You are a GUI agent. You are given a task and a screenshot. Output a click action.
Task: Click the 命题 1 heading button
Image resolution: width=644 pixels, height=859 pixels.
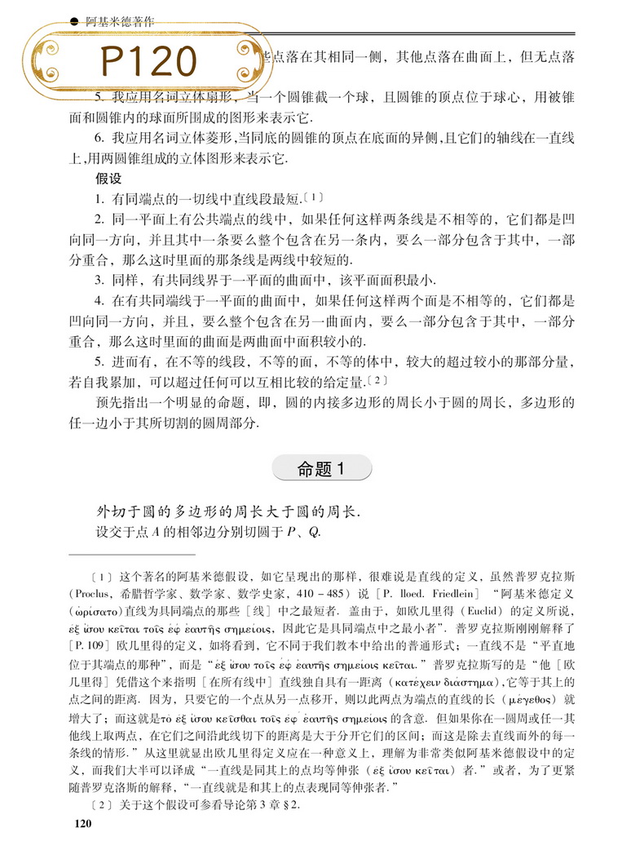323,468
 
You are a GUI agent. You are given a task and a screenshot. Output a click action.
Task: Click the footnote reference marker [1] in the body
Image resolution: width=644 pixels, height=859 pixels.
314,197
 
